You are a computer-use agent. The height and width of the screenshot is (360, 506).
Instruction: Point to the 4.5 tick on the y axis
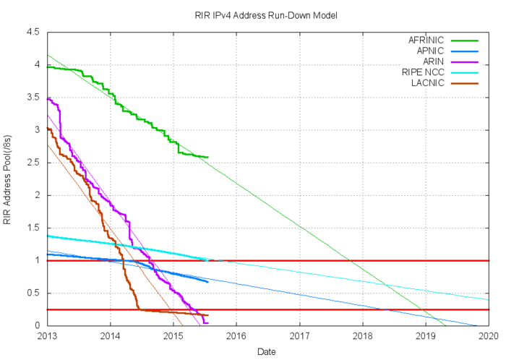[x=34, y=33]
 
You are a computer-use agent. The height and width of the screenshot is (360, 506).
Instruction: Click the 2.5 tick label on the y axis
[x=34, y=163]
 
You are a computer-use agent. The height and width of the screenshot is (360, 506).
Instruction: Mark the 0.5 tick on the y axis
[x=34, y=293]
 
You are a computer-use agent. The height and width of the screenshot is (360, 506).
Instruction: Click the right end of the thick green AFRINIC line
[x=208, y=157]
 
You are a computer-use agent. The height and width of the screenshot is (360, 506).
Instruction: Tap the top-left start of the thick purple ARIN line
[x=48, y=98]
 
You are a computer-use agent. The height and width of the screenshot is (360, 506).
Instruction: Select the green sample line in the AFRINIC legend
[x=467, y=40]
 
